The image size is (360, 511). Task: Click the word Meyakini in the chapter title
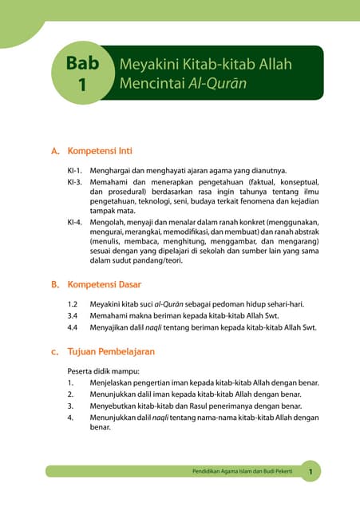(144, 63)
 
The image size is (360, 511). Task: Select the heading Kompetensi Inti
(100, 150)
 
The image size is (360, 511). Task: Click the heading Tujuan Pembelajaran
(111, 351)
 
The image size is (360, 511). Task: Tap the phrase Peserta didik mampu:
(105, 371)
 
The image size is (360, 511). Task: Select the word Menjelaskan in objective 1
(113, 382)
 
